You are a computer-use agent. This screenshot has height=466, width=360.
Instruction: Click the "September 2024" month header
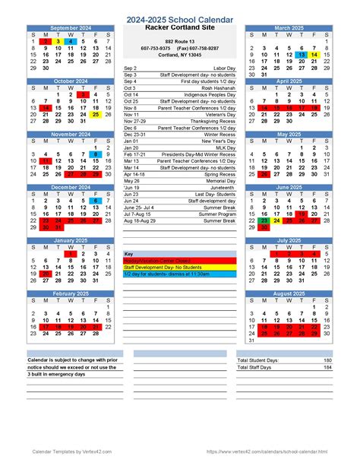click(71, 27)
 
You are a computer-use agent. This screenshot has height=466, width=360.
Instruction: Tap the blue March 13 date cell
click(302, 55)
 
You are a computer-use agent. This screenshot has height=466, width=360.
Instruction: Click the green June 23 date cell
click(264, 221)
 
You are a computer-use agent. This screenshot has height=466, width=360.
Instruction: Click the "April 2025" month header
click(289, 81)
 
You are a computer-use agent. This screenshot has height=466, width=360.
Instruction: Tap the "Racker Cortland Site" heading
click(179, 28)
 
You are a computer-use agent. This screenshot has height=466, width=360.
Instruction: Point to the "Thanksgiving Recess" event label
click(212, 121)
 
